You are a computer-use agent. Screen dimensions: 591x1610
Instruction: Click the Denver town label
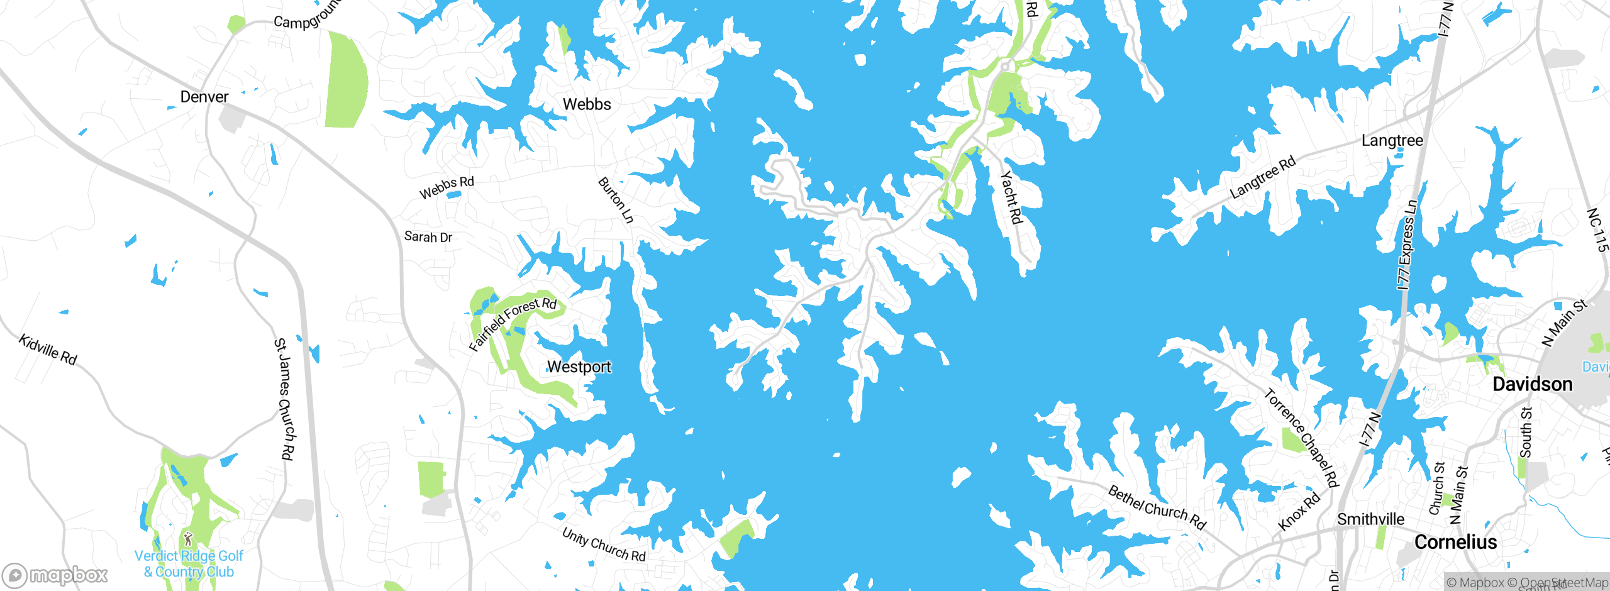[204, 97]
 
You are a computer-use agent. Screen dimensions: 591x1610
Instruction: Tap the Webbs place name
[586, 104]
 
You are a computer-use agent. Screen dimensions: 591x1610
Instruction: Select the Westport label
[579, 367]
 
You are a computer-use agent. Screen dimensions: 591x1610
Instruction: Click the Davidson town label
[1532, 384]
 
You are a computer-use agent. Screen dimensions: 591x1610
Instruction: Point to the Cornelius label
[1455, 542]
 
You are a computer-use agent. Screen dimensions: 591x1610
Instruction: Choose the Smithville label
[1370, 519]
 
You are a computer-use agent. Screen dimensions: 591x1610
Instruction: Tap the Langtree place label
[1392, 140]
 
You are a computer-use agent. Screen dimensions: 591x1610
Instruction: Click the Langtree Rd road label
[1262, 177]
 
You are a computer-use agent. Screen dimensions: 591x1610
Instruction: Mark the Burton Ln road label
[616, 200]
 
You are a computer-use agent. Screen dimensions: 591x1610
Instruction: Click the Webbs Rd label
[447, 187]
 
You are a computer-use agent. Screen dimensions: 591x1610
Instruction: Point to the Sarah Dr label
[428, 237]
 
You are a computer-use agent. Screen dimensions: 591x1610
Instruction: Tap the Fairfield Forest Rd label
[513, 323]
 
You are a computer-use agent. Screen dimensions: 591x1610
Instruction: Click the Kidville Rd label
[48, 350]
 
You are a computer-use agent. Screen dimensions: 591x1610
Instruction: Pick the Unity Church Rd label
[604, 544]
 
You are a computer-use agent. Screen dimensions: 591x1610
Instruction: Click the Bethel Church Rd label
[1157, 507]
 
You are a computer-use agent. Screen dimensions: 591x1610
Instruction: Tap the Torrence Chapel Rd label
[1301, 438]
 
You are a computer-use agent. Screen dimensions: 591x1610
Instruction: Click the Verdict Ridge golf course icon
[188, 539]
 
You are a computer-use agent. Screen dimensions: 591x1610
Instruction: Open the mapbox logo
[55, 575]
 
